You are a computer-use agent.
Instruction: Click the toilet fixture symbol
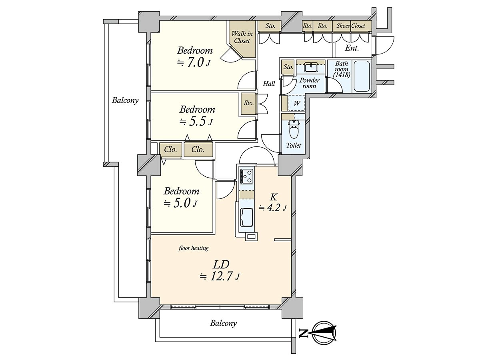coord(293,129)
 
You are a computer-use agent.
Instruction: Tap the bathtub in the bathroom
coord(362,76)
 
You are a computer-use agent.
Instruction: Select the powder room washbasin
coord(310,67)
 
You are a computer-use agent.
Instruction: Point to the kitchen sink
coord(247,218)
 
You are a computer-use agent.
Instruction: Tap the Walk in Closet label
coord(242,37)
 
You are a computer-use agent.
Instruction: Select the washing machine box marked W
coord(297,103)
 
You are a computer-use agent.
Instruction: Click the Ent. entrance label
coord(352,48)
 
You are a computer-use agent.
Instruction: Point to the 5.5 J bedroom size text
coord(196,122)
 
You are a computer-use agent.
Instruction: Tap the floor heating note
coord(193,248)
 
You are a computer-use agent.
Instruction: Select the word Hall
coord(269,83)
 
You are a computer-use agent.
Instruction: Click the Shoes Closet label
coord(351,26)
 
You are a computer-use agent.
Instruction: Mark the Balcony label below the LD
coord(223,323)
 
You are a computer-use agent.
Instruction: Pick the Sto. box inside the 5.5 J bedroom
coord(249,103)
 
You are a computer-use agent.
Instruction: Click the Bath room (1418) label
coord(342,69)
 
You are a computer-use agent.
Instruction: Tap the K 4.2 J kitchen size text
coord(273,203)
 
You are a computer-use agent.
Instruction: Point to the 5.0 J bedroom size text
coord(180,204)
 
